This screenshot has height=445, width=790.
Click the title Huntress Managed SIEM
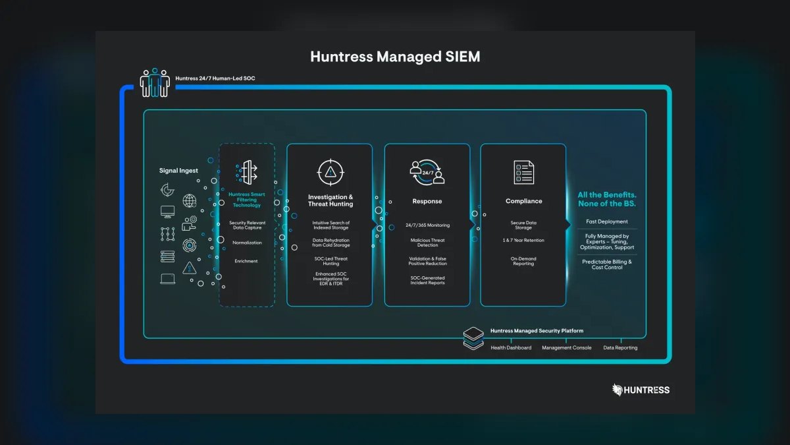tap(395, 57)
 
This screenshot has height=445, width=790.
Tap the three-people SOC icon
tap(155, 82)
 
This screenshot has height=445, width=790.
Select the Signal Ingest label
tap(178, 171)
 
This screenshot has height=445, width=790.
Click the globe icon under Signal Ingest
tap(190, 201)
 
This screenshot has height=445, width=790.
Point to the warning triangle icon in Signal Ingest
tap(190, 268)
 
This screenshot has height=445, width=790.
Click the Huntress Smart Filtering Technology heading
tap(246, 200)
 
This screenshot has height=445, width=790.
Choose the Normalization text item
tap(247, 243)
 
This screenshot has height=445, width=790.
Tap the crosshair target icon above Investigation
tap(330, 172)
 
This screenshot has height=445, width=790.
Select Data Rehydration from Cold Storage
tap(330, 243)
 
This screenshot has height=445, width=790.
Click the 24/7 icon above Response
tap(427, 172)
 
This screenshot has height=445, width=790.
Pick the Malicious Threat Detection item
tap(427, 243)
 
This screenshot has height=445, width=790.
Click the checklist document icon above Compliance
tap(524, 172)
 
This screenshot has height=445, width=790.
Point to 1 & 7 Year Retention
tap(523, 240)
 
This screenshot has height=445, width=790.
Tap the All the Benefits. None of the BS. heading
tap(607, 199)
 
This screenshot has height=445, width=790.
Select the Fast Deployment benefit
tap(607, 222)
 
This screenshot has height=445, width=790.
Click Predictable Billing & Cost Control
tap(607, 264)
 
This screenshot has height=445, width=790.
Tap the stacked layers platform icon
tap(473, 338)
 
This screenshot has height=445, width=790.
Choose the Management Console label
tap(566, 347)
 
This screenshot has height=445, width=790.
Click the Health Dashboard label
tap(511, 347)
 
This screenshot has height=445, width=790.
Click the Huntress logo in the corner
tap(641, 390)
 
